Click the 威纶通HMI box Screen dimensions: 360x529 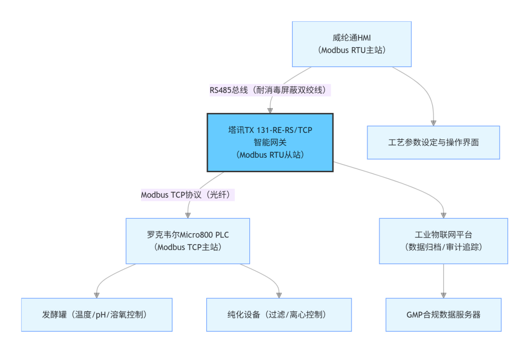point(352,44)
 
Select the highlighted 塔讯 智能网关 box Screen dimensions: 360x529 point(270,143)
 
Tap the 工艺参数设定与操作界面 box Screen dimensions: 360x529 point(433,143)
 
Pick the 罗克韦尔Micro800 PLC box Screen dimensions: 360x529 point(188,241)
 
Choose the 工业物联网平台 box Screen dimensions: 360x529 point(443,241)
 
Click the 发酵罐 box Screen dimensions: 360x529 point(97,315)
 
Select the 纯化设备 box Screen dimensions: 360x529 point(279,315)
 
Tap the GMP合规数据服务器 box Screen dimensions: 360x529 point(443,315)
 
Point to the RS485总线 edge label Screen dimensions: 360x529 point(270,90)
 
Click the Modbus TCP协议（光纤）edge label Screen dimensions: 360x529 point(188,195)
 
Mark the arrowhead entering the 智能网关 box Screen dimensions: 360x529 point(270,111)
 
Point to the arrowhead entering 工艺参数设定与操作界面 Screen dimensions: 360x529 point(433,123)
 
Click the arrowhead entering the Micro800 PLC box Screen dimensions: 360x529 point(188,215)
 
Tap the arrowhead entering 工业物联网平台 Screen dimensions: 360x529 point(443,215)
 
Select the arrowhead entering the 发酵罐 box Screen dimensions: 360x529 point(97,295)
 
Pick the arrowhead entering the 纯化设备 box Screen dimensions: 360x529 point(279,295)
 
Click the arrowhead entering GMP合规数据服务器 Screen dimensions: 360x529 point(443,295)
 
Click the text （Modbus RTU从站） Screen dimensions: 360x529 point(270,155)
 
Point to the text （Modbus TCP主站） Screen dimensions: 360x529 point(188,247)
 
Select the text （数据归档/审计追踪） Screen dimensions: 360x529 point(443,247)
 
